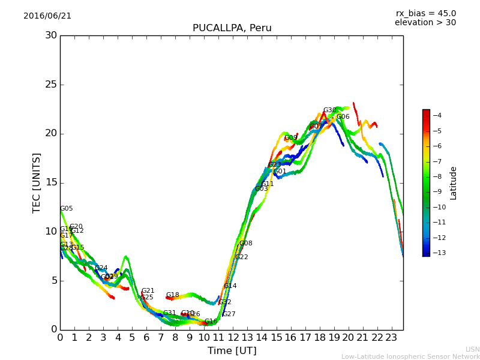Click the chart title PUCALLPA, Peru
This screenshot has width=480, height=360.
pos(232,28)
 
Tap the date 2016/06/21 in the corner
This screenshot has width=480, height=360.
pos(47,16)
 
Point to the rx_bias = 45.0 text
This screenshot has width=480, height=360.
pos(425,13)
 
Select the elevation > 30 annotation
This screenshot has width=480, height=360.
pos(425,23)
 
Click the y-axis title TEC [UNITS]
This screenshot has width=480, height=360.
pos(37,182)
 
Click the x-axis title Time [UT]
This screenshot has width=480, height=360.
pos(232,351)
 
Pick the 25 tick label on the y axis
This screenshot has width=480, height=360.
pos(50,85)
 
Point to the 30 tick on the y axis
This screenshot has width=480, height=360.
pos(50,35)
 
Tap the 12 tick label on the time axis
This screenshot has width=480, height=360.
pos(233,337)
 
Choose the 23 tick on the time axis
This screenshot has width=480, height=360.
pos(391,337)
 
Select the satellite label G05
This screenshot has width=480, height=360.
pos(66,209)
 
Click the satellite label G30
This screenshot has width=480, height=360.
pos(329,110)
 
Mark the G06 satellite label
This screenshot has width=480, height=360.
pos(343,117)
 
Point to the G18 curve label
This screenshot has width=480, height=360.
pos(173,295)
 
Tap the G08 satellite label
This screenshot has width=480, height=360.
pos(246,244)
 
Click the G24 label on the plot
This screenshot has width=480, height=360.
pos(101,268)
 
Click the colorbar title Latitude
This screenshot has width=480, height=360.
pos(454,182)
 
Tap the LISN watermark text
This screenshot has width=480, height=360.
pos(472,349)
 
